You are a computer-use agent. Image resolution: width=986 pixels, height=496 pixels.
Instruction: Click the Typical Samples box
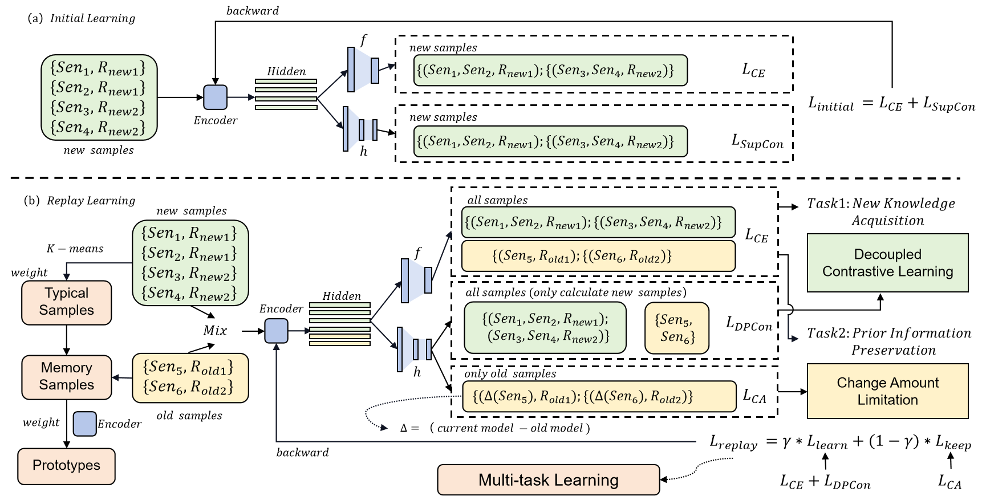click(66, 302)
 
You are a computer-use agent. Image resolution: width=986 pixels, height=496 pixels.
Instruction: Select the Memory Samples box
click(66, 376)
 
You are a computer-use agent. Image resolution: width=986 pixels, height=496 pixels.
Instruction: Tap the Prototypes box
click(66, 466)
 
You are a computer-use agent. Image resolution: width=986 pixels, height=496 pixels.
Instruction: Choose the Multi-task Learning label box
click(548, 480)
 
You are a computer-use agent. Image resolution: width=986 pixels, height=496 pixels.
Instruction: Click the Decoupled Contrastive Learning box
click(887, 263)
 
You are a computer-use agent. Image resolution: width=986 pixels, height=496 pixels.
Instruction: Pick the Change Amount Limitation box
click(887, 391)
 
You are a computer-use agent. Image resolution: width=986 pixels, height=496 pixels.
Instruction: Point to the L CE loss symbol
click(756, 235)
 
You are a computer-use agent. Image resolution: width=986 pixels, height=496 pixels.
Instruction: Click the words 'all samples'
click(497, 200)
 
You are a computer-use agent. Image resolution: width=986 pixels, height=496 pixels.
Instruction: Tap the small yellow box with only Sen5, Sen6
click(676, 328)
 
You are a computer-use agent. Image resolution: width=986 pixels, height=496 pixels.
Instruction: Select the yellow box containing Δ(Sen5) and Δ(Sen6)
click(599, 396)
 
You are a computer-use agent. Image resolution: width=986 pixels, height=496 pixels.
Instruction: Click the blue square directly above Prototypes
click(85, 424)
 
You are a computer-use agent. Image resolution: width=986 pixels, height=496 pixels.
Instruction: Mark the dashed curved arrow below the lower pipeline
click(376, 419)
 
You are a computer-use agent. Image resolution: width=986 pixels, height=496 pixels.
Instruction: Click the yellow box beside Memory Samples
click(190, 378)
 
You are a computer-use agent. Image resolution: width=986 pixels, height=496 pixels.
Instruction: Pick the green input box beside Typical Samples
click(190, 263)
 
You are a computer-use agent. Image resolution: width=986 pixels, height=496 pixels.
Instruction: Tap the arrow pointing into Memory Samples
click(116, 377)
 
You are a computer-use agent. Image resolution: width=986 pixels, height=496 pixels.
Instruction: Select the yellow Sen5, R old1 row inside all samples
click(598, 256)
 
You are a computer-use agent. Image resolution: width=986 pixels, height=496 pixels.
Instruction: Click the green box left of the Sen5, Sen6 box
click(545, 328)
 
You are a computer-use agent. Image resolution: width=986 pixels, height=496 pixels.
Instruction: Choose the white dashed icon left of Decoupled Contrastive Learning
click(780, 312)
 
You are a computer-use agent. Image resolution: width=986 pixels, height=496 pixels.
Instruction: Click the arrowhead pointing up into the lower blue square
click(277, 346)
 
